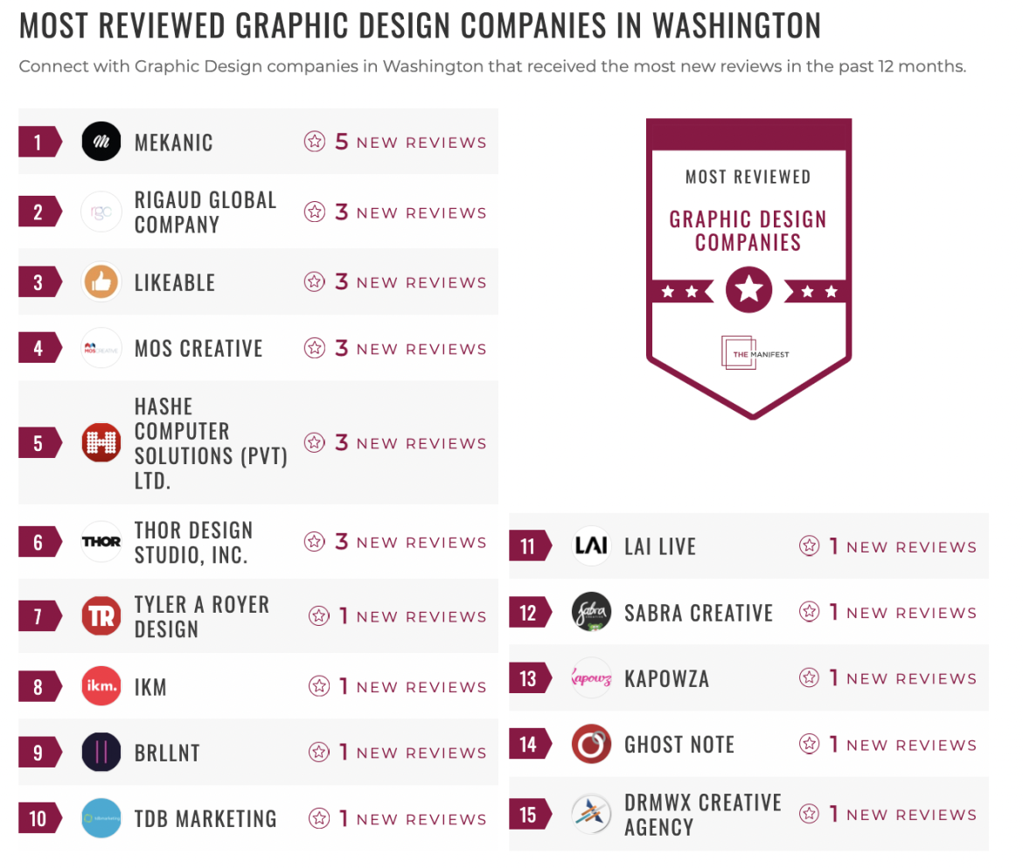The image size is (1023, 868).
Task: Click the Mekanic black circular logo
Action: [101, 142]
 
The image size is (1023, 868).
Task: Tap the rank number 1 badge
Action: [38, 142]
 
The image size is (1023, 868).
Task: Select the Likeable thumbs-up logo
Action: [101, 282]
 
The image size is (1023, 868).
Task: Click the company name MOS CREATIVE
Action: [198, 349]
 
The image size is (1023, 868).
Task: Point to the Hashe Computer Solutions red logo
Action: [101, 443]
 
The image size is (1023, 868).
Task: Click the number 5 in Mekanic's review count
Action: [342, 142]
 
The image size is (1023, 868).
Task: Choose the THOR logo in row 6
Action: [101, 542]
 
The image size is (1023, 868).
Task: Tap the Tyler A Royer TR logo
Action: [101, 616]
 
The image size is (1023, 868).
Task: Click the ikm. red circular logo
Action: [101, 687]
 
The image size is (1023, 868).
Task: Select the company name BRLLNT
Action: [167, 753]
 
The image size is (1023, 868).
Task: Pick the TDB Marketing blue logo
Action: [101, 819]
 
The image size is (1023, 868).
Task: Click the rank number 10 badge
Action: [38, 819]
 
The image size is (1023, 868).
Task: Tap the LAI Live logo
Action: [591, 547]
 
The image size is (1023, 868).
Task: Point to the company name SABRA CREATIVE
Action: [699, 614]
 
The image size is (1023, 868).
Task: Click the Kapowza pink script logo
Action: [591, 678]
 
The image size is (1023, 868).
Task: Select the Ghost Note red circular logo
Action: [591, 745]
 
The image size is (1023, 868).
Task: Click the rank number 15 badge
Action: [528, 815]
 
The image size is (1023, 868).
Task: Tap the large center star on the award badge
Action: [748, 290]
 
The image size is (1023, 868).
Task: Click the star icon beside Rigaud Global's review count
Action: [315, 212]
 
